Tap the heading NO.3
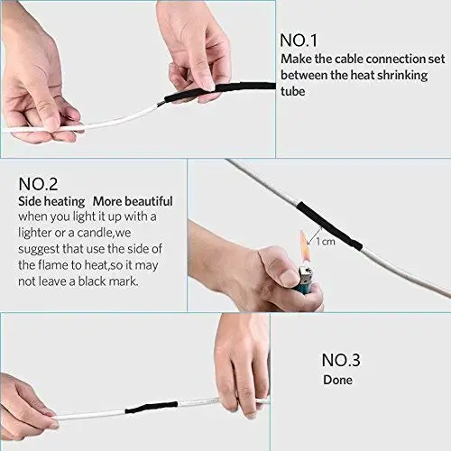pyautogui.click(x=341, y=360)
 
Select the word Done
pyautogui.click(x=339, y=380)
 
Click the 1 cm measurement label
pyautogui.click(x=326, y=242)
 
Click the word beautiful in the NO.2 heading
pyautogui.click(x=145, y=200)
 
